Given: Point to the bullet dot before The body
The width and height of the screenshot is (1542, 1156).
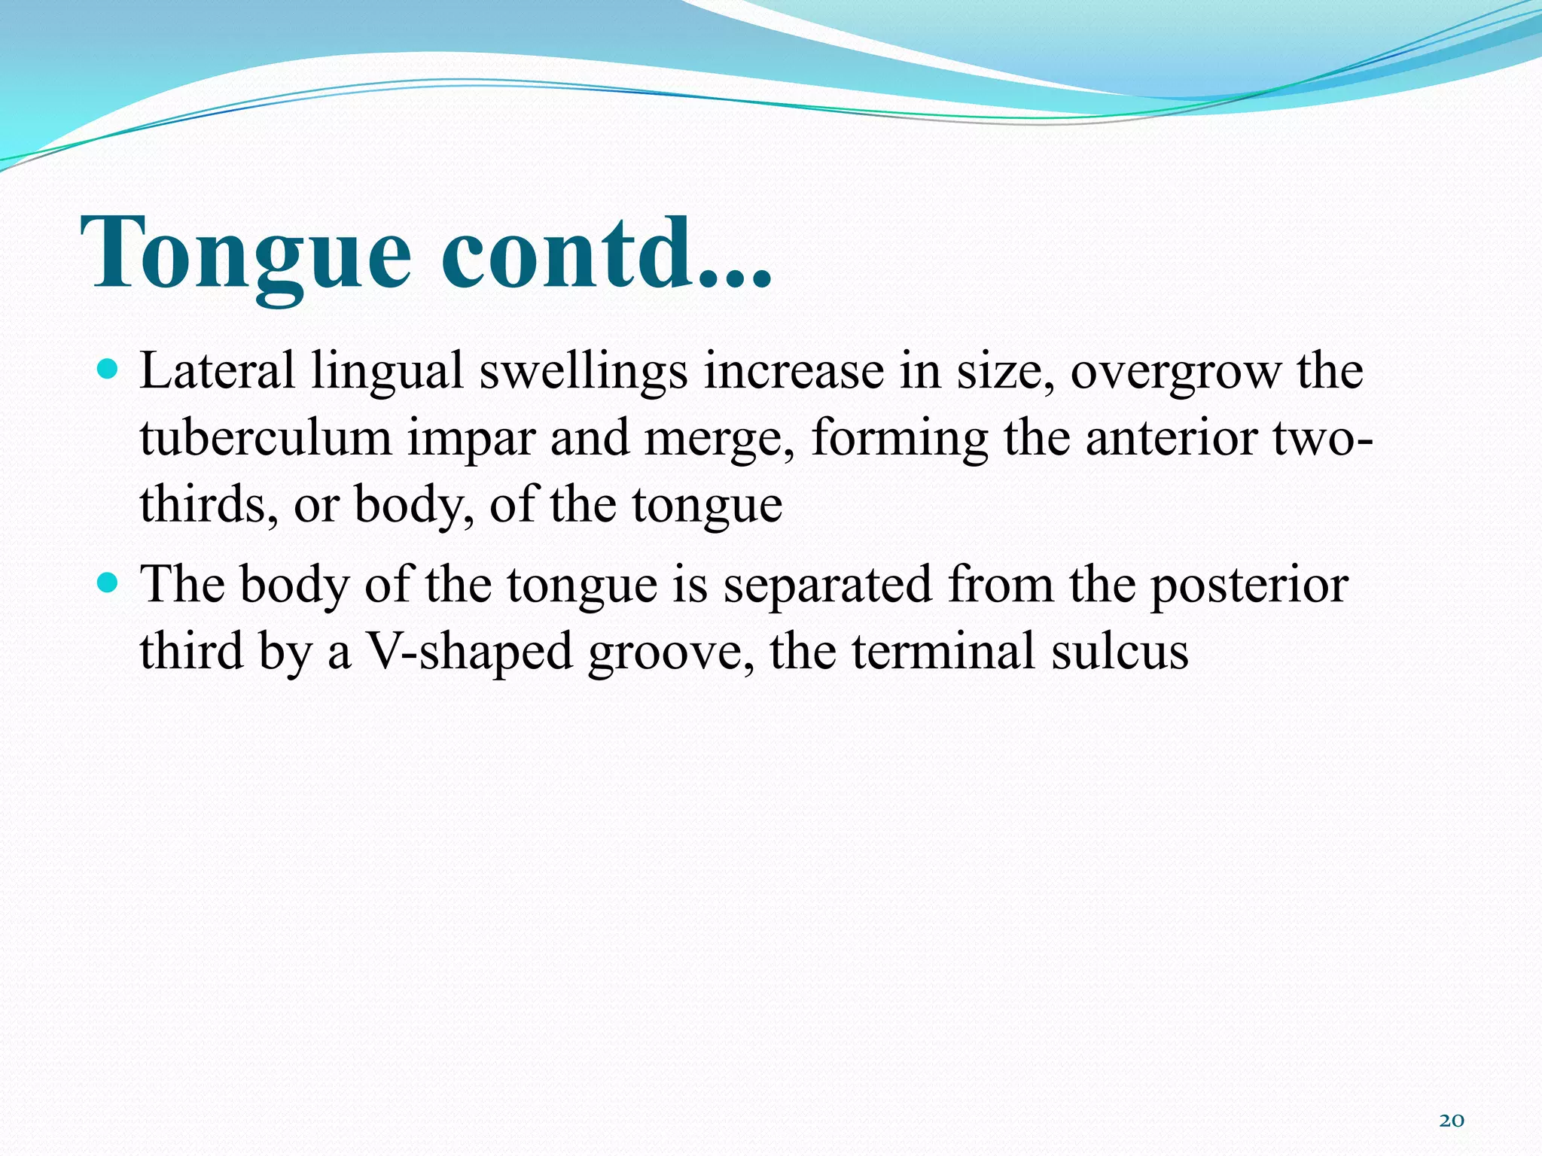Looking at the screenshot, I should [x=108, y=583].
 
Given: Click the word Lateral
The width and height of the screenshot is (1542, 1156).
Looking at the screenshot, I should [x=217, y=372].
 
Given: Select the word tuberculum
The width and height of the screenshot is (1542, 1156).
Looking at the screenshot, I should [x=265, y=438].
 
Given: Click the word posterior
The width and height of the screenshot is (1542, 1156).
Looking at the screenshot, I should [x=1249, y=586].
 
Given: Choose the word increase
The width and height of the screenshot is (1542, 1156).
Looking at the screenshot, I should [x=794, y=372].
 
